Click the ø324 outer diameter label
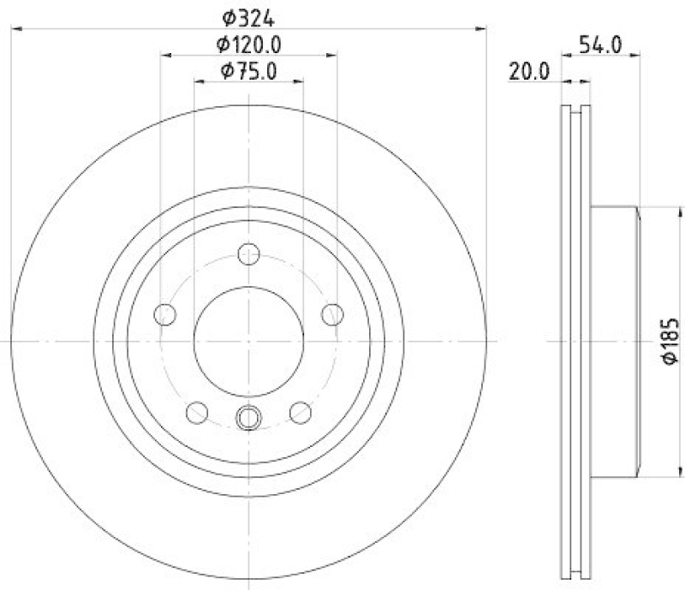[249, 15]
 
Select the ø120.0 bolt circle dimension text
[249, 44]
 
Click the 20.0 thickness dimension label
[528, 74]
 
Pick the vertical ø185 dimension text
[670, 342]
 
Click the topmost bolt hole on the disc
[249, 254]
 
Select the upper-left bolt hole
[164, 314]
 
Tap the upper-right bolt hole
[333, 314]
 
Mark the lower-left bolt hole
[197, 413]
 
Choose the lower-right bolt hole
[301, 413]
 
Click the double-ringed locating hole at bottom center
[248, 418]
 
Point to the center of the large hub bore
[249, 341]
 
